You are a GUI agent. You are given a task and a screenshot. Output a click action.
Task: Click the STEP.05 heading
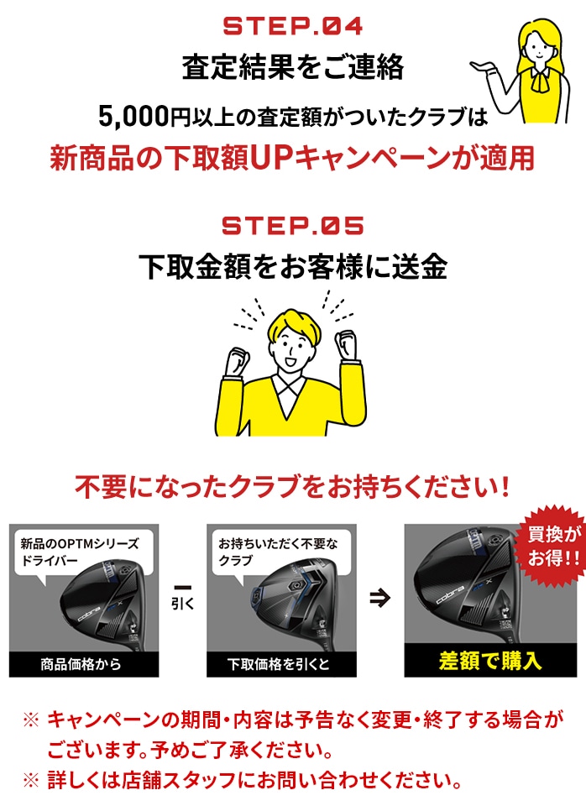(x=293, y=226)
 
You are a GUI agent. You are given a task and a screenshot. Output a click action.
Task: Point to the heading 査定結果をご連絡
(x=293, y=68)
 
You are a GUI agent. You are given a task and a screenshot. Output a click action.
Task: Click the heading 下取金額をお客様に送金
(x=293, y=267)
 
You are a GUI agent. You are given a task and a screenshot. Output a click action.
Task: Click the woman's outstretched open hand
(x=485, y=65)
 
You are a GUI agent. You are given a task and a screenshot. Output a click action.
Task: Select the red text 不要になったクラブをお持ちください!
(x=293, y=487)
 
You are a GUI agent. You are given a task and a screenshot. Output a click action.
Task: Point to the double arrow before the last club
(x=379, y=598)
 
